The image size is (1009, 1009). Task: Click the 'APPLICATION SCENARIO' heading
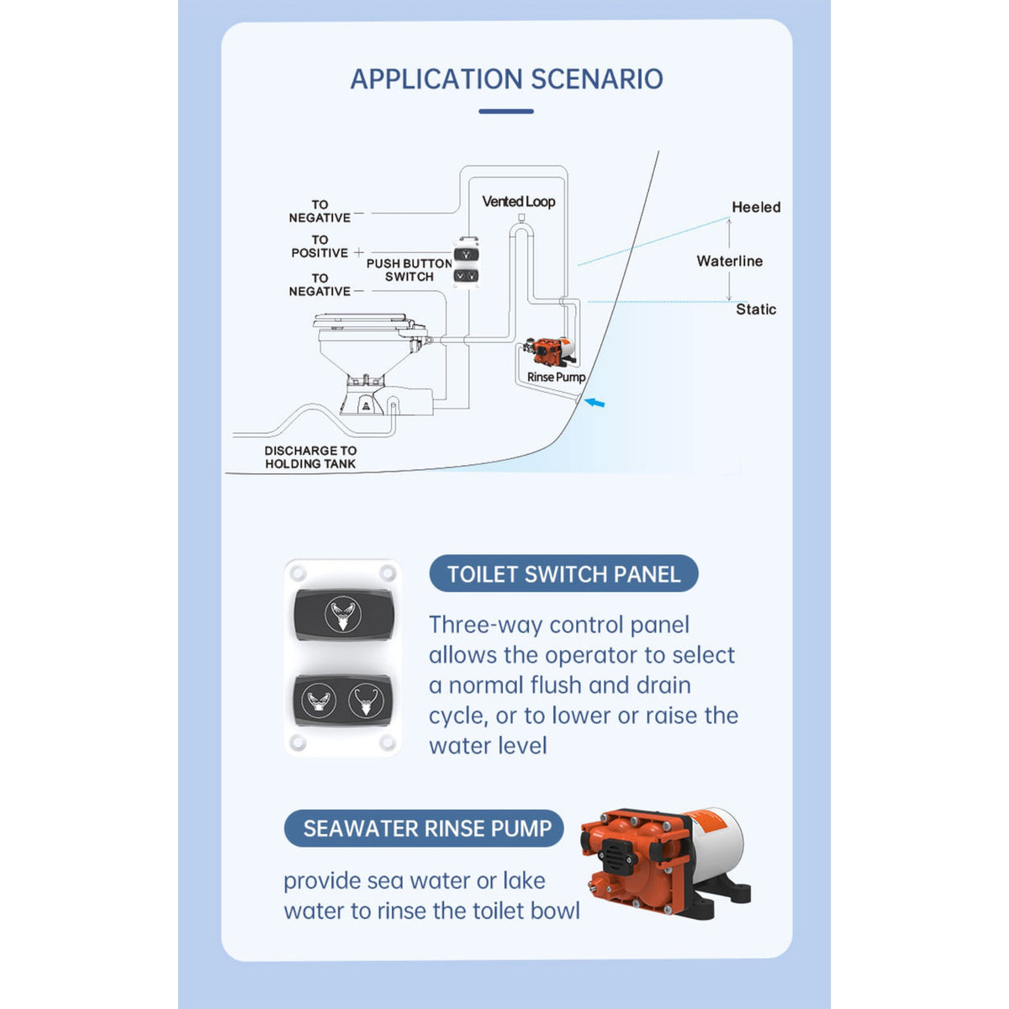click(506, 79)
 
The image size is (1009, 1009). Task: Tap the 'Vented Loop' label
click(519, 202)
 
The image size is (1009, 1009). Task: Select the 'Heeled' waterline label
click(756, 207)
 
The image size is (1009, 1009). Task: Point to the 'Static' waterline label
click(756, 309)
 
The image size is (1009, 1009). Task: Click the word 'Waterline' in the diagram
click(729, 261)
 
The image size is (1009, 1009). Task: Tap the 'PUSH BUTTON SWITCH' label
click(409, 270)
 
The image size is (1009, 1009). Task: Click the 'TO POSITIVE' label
click(320, 246)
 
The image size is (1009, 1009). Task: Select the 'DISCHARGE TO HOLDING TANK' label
click(310, 457)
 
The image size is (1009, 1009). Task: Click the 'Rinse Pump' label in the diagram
click(556, 377)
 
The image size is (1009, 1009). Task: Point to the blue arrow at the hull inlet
click(594, 403)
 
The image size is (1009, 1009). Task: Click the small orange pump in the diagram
click(549, 351)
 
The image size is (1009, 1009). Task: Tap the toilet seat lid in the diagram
click(361, 320)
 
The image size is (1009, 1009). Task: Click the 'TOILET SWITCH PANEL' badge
click(563, 574)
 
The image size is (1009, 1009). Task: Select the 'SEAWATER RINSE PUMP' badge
click(424, 828)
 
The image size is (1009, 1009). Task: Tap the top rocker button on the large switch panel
click(343, 615)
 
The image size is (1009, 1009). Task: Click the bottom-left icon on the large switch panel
click(320, 700)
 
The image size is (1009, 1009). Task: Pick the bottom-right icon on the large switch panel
click(366, 700)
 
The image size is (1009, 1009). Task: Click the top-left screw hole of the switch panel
click(298, 573)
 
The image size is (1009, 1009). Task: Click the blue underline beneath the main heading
click(506, 111)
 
